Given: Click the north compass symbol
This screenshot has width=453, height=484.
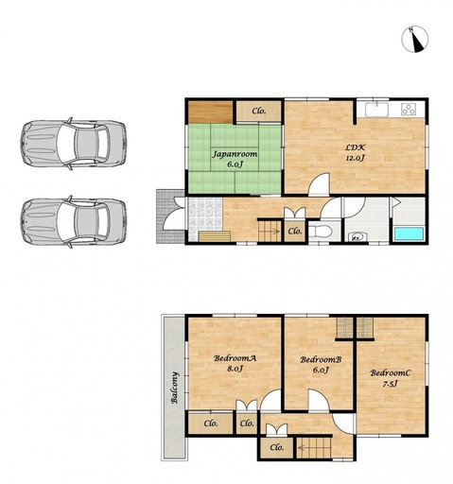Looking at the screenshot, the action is (414, 39).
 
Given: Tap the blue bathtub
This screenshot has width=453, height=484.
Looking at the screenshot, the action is (409, 234).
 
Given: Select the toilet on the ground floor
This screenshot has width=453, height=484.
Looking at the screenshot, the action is (321, 232).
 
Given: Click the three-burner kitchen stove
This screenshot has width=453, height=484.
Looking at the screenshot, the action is (409, 109).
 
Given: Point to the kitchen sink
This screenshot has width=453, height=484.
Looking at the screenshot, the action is (377, 110).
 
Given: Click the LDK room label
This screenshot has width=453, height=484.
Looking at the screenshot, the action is (356, 147).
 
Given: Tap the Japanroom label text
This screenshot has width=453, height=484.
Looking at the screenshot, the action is (235, 154).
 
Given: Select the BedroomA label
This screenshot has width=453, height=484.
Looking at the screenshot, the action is (235, 358).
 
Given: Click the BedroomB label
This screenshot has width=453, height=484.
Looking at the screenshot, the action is (321, 359).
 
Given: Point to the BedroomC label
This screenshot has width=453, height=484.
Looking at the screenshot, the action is (391, 373).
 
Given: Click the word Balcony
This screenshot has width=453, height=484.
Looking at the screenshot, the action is (175, 388).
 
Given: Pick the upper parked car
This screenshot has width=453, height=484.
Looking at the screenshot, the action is (74, 144).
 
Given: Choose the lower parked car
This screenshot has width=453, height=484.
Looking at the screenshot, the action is (74, 221).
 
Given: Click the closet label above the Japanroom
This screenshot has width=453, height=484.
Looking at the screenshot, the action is (259, 111).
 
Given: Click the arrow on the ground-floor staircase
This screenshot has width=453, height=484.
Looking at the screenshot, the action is (274, 232).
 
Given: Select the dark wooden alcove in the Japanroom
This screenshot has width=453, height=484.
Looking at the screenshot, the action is (211, 112).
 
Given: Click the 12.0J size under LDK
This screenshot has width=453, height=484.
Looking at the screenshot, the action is (356, 158).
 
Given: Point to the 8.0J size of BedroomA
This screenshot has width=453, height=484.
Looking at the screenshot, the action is (235, 369).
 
